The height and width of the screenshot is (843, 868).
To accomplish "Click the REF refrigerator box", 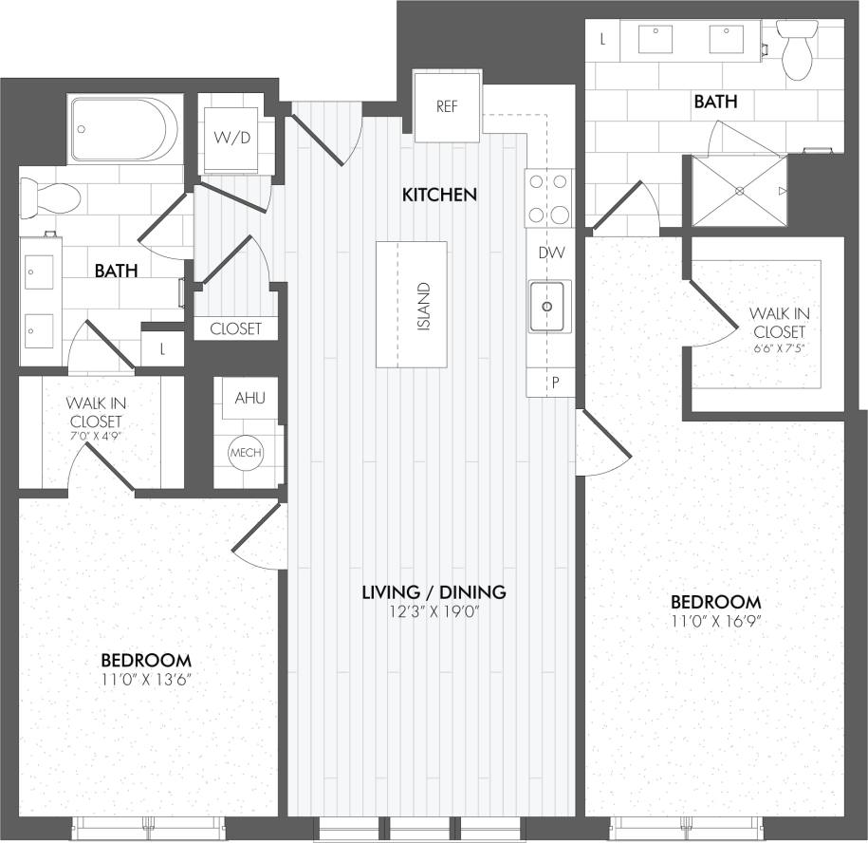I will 447,105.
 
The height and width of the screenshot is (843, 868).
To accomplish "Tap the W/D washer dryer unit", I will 232,138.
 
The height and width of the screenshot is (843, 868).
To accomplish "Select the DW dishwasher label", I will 550,253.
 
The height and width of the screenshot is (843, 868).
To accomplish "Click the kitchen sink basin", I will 549,306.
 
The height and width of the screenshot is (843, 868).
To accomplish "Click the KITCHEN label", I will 439,196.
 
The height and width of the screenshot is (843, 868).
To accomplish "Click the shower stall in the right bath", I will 739,191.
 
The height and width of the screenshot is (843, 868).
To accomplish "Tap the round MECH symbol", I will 245,453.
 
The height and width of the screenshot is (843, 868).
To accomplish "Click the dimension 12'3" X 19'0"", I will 434,612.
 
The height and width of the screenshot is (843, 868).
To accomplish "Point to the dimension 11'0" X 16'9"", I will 716,622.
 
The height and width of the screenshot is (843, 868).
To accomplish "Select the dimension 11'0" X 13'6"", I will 146,680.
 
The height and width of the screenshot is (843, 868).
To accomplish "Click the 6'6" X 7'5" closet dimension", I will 777,349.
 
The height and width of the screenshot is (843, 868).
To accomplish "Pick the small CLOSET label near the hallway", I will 235,329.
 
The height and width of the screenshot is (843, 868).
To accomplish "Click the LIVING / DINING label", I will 434,592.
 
